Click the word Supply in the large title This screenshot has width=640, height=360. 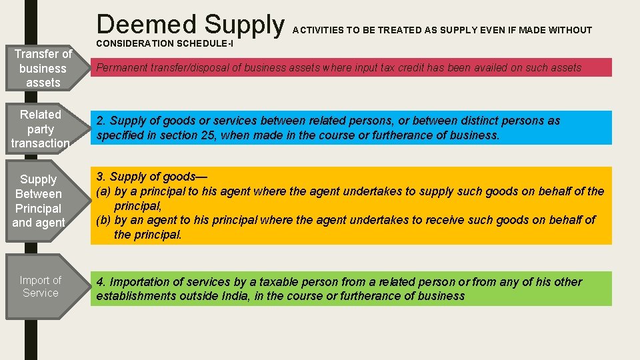(244, 25)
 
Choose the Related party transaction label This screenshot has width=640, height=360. (41, 129)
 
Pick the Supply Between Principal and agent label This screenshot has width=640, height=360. (39, 201)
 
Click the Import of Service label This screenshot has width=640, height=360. (40, 287)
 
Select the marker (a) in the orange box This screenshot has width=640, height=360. (104, 191)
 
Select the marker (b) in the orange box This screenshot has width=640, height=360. (104, 220)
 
